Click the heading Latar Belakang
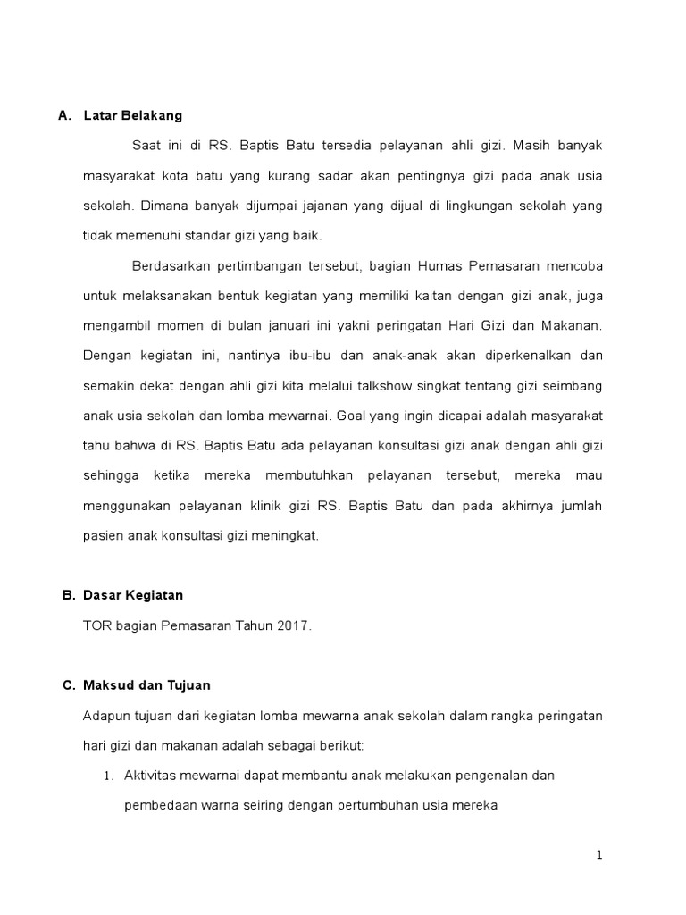[x=132, y=115]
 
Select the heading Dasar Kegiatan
[x=133, y=594]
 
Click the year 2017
[x=295, y=626]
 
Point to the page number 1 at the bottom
[x=600, y=855]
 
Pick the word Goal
[x=350, y=416]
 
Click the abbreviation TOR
[x=96, y=626]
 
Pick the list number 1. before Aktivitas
[x=108, y=776]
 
